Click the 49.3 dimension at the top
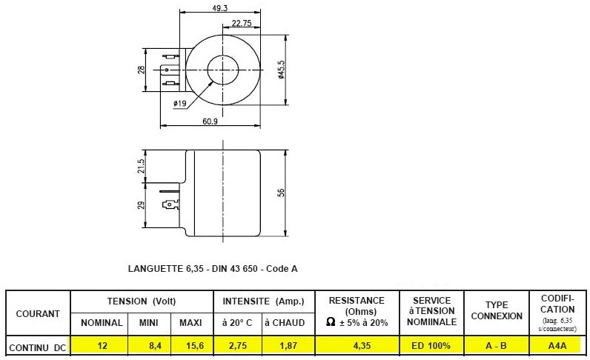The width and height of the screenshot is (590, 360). [219, 8]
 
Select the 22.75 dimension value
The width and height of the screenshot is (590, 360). [241, 23]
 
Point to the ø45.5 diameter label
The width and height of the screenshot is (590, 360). [282, 69]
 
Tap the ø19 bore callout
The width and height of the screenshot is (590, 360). [180, 103]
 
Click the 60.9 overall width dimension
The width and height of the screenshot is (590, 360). [210, 121]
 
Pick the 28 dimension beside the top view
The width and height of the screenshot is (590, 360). [141, 70]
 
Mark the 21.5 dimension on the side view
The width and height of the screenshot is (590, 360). [141, 166]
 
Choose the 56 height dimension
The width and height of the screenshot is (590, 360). [281, 193]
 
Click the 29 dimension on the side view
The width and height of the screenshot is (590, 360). [141, 205]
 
